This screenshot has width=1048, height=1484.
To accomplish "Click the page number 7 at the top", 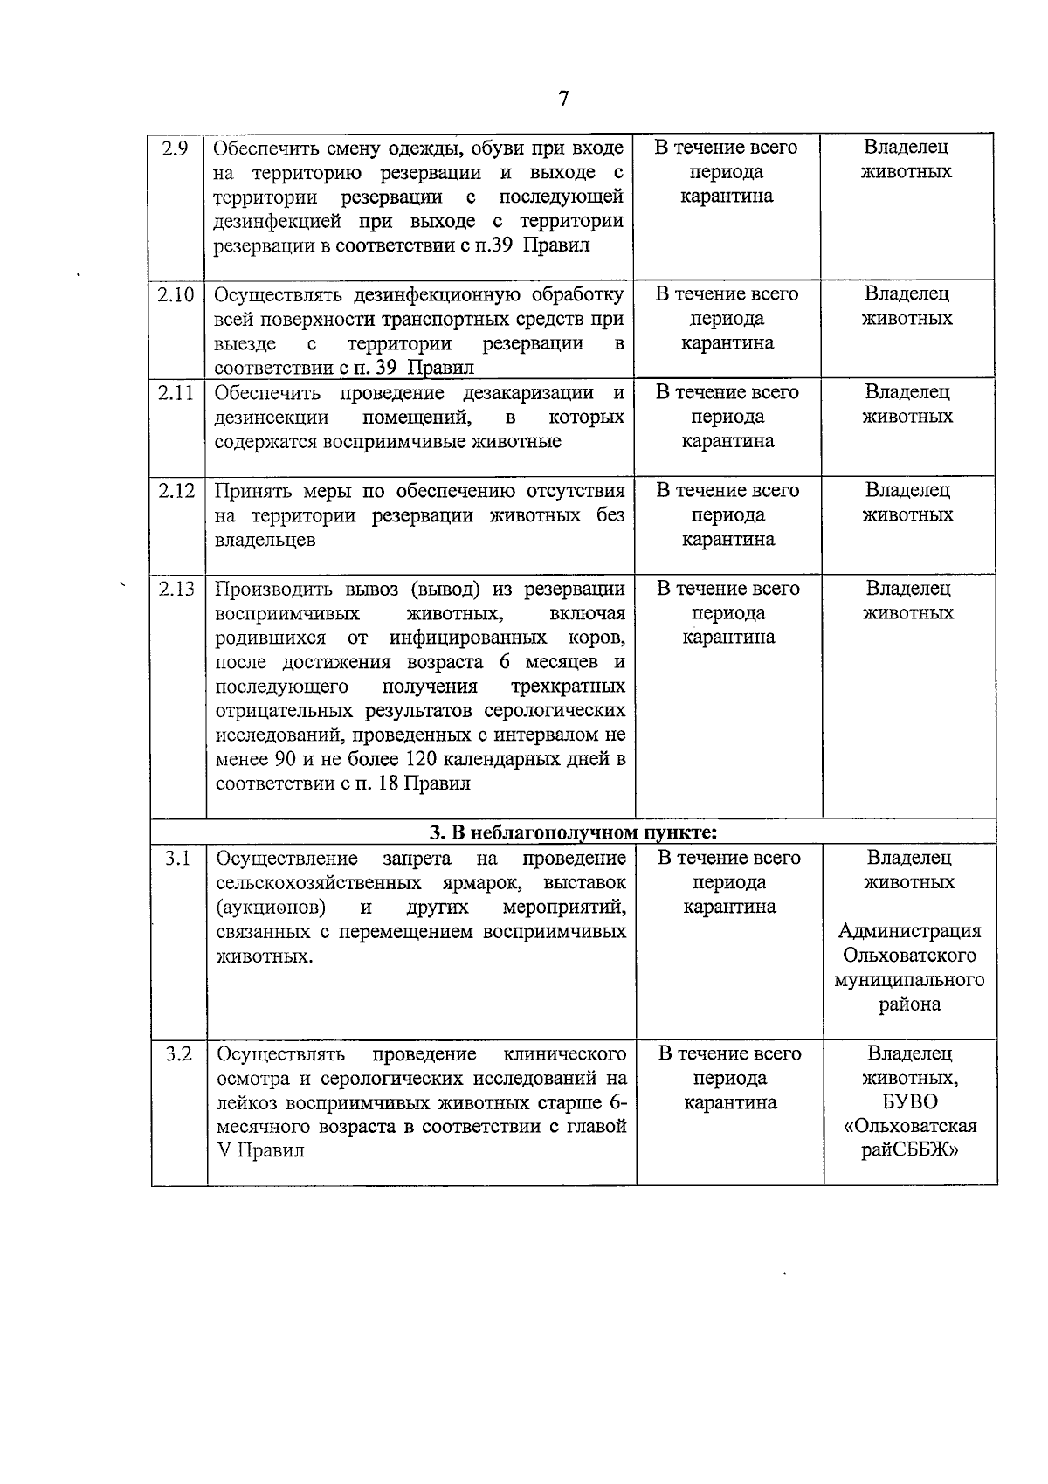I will pyautogui.click(x=563, y=99).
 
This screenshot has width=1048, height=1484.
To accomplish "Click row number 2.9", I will pyautogui.click(x=176, y=148).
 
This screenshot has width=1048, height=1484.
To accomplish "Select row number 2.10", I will pyautogui.click(x=176, y=294).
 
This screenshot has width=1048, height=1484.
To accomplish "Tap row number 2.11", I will pyautogui.click(x=176, y=392).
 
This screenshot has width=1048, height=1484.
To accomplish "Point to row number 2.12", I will pyautogui.click(x=176, y=491).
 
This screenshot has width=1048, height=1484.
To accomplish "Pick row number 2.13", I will pyautogui.click(x=176, y=589).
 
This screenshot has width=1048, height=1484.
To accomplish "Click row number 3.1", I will pyautogui.click(x=178, y=858).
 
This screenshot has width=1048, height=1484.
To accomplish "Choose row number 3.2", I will pyautogui.click(x=178, y=1053).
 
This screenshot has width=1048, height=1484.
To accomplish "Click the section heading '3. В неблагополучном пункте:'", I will pyautogui.click(x=573, y=832).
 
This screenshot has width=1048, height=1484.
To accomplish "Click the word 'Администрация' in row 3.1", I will pyautogui.click(x=909, y=931).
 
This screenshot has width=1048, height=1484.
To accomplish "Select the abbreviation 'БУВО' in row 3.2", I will pyautogui.click(x=909, y=1102).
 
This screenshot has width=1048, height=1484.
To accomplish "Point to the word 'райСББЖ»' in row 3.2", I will pyautogui.click(x=909, y=1150).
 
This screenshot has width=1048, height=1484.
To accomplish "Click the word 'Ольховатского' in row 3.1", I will pyautogui.click(x=909, y=956).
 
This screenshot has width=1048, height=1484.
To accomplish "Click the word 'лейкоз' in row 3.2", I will pyautogui.click(x=245, y=1102).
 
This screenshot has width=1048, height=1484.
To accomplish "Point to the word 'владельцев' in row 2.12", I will pyautogui.click(x=265, y=540).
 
